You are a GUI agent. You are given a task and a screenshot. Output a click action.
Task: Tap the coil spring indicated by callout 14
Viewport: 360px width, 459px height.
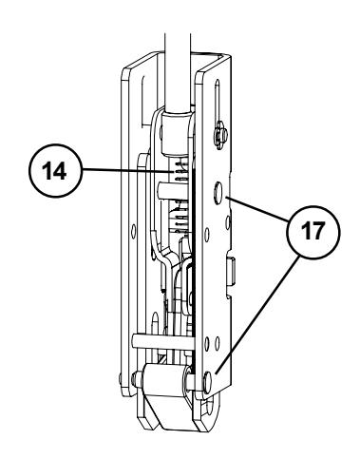[x=182, y=190]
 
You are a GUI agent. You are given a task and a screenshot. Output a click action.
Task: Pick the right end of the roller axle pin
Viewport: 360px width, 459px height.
[x=205, y=383]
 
